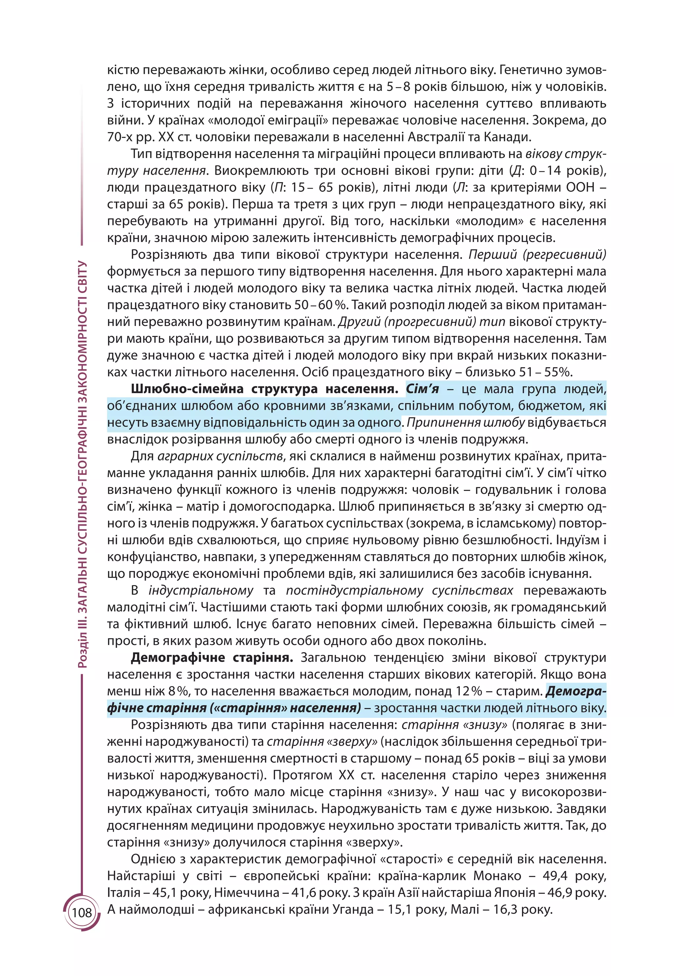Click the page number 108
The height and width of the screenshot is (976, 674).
coord(82,913)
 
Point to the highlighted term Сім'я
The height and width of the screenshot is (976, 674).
coord(422,389)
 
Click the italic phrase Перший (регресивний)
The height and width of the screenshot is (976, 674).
coord(537,254)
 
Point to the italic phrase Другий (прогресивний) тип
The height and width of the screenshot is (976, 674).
coord(422,321)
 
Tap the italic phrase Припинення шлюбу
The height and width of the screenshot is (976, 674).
coord(465,422)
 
